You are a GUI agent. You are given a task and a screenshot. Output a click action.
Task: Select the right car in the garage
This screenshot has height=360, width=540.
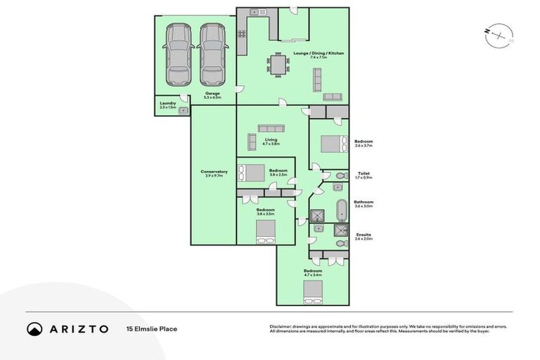(x=212, y=54)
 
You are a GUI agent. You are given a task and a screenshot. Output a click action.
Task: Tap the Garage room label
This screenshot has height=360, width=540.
(x=212, y=95)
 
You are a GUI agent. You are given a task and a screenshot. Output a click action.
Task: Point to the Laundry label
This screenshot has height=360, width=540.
(x=167, y=104)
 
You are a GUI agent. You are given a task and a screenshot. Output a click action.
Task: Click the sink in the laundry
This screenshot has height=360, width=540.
(x=184, y=110)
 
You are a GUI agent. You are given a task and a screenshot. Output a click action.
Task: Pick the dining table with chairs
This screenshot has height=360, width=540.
(x=277, y=65)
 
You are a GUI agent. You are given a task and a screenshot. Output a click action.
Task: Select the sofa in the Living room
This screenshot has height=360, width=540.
(x=271, y=128)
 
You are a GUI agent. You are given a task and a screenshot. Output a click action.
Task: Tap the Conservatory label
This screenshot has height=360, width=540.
(x=214, y=173)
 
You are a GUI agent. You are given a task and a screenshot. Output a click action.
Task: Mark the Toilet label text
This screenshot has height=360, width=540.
(x=364, y=173)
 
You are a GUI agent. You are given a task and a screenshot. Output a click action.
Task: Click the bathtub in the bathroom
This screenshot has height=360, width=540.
(x=342, y=210)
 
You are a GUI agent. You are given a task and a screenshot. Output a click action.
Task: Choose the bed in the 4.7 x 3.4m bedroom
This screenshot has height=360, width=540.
(x=312, y=291)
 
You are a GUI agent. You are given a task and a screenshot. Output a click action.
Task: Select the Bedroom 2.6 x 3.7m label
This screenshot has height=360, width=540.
(x=364, y=143)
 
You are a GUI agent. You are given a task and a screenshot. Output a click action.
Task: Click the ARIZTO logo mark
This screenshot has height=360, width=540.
(x=34, y=329)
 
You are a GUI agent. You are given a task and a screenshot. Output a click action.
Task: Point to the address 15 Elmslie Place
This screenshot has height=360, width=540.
(x=151, y=329)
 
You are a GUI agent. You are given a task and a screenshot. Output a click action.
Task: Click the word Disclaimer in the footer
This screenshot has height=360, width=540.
(x=282, y=326)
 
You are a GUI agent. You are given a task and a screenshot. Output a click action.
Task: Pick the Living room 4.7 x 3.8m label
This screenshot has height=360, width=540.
(x=271, y=141)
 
